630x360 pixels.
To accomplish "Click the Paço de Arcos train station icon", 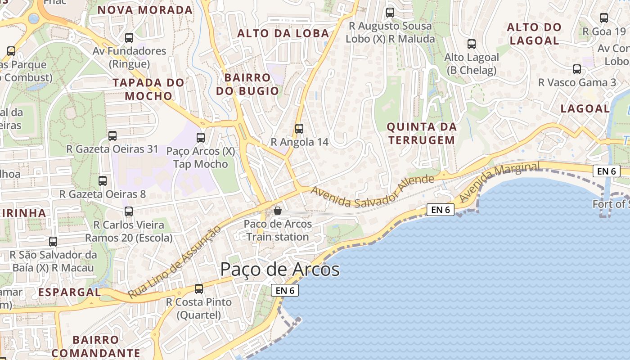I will pyautogui.click(x=278, y=210).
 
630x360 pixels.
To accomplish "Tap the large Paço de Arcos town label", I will pyautogui.click(x=279, y=270).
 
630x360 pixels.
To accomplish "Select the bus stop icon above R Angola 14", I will pyautogui.click(x=299, y=128).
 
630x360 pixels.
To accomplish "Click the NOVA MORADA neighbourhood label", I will pyautogui.click(x=145, y=10).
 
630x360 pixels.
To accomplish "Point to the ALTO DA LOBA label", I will pyautogui.click(x=283, y=33).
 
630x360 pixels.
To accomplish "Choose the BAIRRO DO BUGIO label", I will pyautogui.click(x=247, y=84).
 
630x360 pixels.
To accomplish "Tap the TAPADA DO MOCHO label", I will pyautogui.click(x=148, y=89).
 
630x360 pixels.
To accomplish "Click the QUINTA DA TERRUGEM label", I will pyautogui.click(x=422, y=133).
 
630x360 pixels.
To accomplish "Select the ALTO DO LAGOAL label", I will pyautogui.click(x=534, y=34).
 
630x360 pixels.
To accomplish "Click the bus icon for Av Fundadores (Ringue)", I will pyautogui.click(x=129, y=38).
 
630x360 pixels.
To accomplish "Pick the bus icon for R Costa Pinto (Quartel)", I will pyautogui.click(x=199, y=289).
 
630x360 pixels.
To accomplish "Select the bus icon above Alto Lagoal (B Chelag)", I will pyautogui.click(x=472, y=44).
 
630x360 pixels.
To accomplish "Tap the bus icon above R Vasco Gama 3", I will pyautogui.click(x=577, y=69).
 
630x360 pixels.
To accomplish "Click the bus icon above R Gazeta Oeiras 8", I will pyautogui.click(x=103, y=181).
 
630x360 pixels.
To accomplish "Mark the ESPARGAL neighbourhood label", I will pyautogui.click(x=69, y=292).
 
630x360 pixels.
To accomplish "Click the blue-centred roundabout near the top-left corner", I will pyautogui.click(x=34, y=18).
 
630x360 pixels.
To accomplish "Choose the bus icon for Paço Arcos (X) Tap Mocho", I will pyautogui.click(x=201, y=138).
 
